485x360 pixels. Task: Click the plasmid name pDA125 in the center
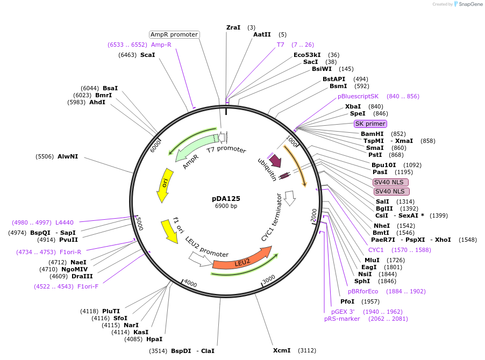coord(226,198)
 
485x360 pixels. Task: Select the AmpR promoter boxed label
coord(174,34)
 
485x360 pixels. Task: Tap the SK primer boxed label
coord(370,124)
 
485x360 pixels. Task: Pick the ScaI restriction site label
coord(147,55)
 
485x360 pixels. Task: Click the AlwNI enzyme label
coord(68,156)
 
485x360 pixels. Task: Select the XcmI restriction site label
coord(282,350)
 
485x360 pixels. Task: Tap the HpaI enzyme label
coord(154,339)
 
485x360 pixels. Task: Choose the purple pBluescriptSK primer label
coord(358,96)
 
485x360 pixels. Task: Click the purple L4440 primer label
coord(65,222)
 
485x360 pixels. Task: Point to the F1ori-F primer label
coord(88,286)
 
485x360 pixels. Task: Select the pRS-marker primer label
coord(342,319)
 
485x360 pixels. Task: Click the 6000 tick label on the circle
coord(156,145)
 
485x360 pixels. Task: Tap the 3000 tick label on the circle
coord(269,278)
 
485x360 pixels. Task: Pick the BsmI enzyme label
coord(338,86)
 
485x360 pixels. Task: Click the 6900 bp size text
coord(226,206)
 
